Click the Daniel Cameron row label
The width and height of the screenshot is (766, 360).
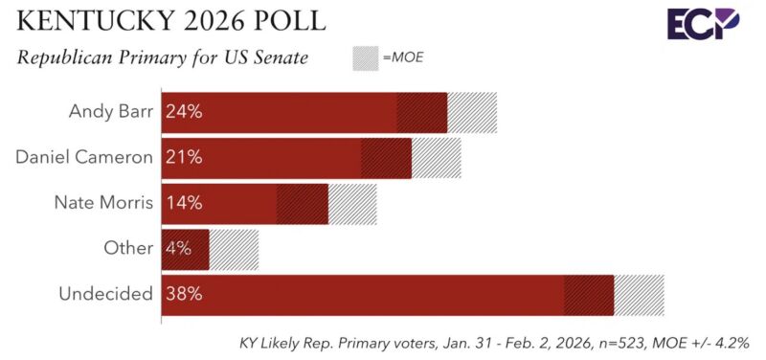84,157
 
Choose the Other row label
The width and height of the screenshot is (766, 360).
128,248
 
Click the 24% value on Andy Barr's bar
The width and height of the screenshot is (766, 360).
183,111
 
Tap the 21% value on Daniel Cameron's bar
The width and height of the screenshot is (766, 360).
183,157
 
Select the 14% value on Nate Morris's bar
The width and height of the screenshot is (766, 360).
183,203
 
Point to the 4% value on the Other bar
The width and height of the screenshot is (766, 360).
178,249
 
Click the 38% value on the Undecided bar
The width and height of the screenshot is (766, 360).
183,294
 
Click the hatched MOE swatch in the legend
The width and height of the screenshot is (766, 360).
366,58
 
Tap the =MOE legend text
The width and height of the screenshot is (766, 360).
403,58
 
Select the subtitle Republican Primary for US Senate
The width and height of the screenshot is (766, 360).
162,58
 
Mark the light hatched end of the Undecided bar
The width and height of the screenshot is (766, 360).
639,294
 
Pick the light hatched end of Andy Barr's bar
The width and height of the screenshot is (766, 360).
472,112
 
